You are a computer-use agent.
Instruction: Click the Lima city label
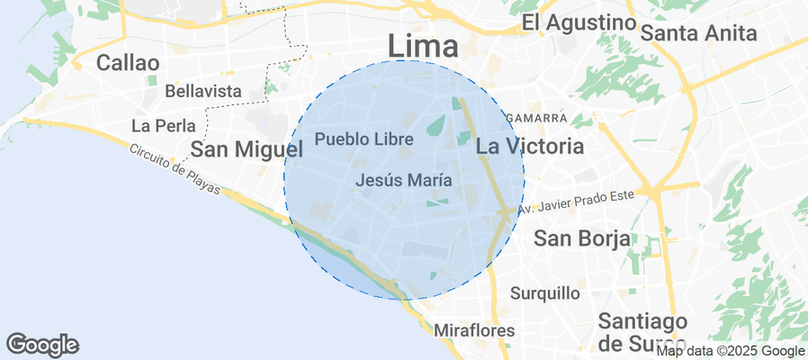(x=423, y=44)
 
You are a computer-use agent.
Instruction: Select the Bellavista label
(x=203, y=91)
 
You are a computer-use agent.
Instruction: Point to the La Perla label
(x=157, y=124)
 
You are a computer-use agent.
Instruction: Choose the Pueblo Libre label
(x=364, y=139)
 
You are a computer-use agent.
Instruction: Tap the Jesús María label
(x=403, y=180)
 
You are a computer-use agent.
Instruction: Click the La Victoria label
(x=529, y=146)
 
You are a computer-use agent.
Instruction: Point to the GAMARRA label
(x=536, y=118)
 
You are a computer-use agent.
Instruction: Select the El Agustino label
(x=579, y=22)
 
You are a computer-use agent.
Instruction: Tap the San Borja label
(x=581, y=238)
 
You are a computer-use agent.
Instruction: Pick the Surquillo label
(x=545, y=292)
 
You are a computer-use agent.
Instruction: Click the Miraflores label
(x=473, y=330)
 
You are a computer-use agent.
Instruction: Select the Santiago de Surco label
(x=642, y=332)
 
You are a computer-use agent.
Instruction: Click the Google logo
(x=42, y=344)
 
